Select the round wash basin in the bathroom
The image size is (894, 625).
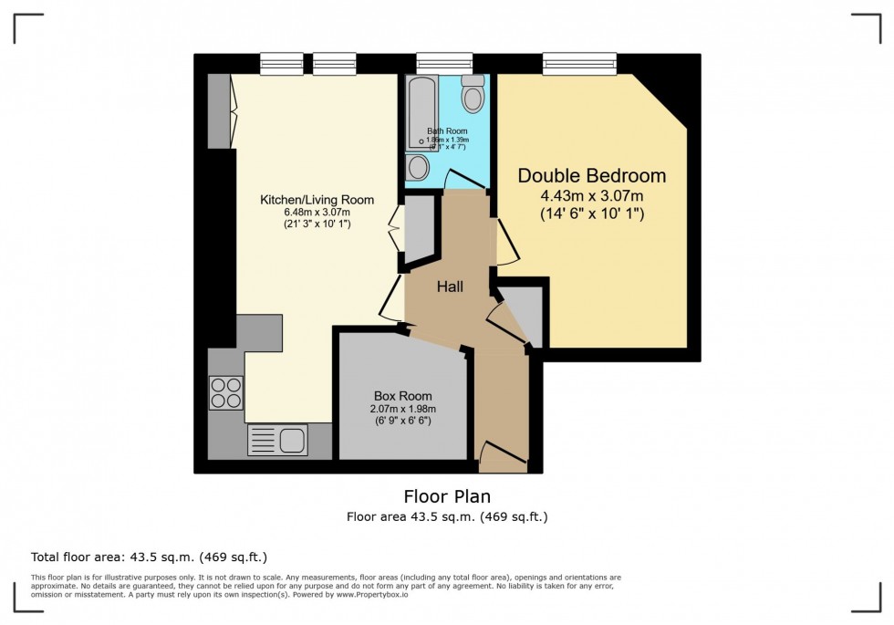pyautogui.click(x=418, y=167)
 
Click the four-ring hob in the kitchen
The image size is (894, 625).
pyautogui.click(x=226, y=392)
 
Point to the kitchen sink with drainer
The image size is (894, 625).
pyautogui.click(x=277, y=440)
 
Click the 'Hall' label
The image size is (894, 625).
pyautogui.click(x=450, y=286)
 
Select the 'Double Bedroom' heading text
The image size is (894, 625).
pyautogui.click(x=592, y=175)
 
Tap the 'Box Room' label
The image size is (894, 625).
pyautogui.click(x=402, y=396)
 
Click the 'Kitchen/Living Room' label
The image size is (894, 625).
pyautogui.click(x=317, y=200)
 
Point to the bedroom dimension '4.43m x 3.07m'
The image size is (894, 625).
pyautogui.click(x=592, y=196)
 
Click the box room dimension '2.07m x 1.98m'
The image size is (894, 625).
pyautogui.click(x=402, y=409)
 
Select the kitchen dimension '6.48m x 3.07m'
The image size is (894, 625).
pyautogui.click(x=317, y=213)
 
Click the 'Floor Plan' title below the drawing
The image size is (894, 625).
pyautogui.click(x=447, y=496)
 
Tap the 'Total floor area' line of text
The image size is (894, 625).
pyautogui.click(x=149, y=557)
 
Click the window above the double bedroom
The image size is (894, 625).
pyautogui.click(x=579, y=64)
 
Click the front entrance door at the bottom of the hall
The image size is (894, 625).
pyautogui.click(x=502, y=456)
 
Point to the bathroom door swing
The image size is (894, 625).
pyautogui.click(x=462, y=180)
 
